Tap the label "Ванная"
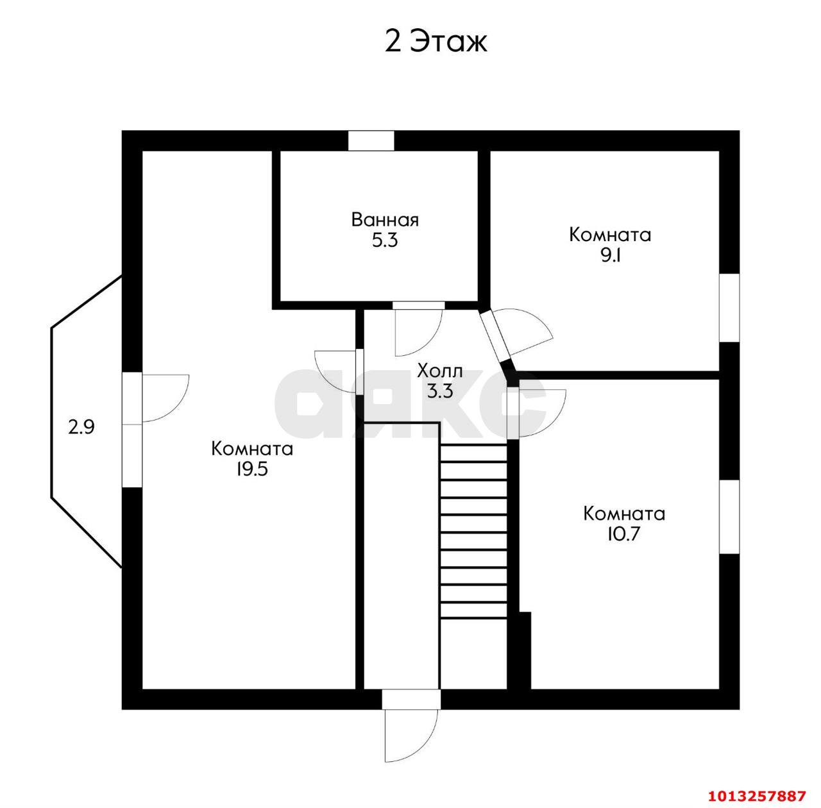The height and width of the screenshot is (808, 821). (385, 220)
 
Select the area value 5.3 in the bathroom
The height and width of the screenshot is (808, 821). (385, 240)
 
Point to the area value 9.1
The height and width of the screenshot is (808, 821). (610, 256)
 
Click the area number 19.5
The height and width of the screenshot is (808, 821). (252, 469)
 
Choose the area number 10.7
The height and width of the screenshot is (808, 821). (623, 534)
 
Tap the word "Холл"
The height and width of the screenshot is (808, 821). (440, 371)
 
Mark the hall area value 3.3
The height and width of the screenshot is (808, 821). (440, 391)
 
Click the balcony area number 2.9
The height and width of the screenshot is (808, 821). (81, 427)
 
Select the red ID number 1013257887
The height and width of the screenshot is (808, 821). (757, 796)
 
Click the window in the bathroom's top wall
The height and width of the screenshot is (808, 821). (371, 140)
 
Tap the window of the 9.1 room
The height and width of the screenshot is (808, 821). (729, 308)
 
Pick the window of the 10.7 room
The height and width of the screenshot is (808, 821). (729, 517)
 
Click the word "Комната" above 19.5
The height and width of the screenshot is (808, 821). (252, 449)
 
